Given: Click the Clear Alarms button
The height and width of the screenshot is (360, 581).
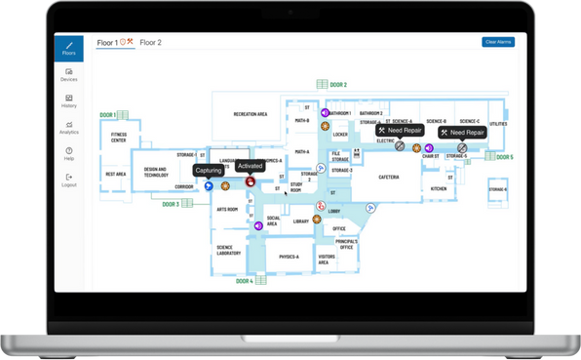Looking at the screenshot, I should [498, 42].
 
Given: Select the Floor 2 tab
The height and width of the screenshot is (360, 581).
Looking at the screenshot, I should [150, 43].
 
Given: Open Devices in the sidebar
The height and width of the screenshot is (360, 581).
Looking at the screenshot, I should [68, 74].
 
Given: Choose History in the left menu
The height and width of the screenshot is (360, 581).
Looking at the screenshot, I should [68, 101].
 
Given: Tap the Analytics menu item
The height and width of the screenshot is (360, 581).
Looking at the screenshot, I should [68, 128].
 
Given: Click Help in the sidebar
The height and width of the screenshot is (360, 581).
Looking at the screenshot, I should [68, 154].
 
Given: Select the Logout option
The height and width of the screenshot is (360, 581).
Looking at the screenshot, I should [68, 180].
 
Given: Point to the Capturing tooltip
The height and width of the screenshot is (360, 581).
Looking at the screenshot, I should [208, 171].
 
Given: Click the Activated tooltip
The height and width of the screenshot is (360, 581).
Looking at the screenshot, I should [250, 167].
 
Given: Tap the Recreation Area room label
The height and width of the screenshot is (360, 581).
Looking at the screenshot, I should [251, 114].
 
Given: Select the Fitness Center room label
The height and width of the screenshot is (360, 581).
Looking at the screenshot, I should [119, 137].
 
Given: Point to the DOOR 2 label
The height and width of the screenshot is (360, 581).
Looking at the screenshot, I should [337, 85].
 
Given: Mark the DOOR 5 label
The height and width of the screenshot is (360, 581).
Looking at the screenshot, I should [503, 156].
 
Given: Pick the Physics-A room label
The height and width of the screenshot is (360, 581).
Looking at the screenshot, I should [289, 258].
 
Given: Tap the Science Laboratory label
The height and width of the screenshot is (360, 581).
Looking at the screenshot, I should [230, 251].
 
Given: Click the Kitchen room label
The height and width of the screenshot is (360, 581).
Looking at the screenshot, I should [439, 188].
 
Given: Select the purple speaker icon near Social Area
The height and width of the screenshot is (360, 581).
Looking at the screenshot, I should [258, 225].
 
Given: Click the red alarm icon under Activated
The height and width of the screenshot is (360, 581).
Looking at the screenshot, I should [251, 181].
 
